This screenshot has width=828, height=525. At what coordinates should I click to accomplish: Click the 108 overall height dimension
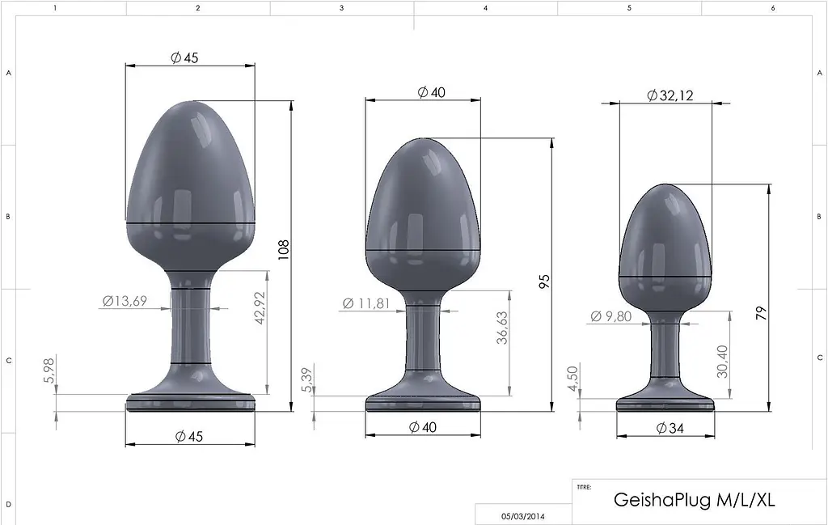[283, 248]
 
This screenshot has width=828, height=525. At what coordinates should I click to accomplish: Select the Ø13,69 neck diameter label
[125, 302]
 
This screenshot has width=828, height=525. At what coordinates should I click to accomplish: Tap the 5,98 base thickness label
[49, 371]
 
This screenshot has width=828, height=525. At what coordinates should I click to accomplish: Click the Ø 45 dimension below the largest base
[188, 436]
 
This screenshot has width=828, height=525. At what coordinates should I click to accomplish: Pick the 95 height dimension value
[544, 281]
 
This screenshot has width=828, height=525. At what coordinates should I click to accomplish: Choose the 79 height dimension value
[760, 313]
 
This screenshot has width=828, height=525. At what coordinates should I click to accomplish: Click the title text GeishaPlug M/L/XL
[695, 500]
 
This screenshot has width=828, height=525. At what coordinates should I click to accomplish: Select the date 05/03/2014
[522, 515]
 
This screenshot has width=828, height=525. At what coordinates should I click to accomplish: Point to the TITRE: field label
[584, 488]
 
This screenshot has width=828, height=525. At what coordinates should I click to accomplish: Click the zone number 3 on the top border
[341, 7]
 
